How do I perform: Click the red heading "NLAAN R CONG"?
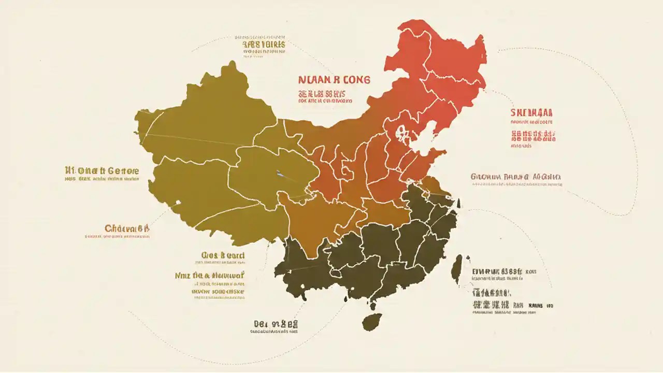[x=334, y=80]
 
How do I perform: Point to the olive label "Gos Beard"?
[x=223, y=255]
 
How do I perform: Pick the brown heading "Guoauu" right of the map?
[x=516, y=177]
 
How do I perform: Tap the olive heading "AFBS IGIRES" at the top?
[x=264, y=45]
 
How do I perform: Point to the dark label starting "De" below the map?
[x=275, y=324]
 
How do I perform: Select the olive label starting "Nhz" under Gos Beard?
[x=209, y=276]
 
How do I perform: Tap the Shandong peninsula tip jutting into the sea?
[x=443, y=152]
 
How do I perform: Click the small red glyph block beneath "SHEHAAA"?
[x=533, y=136]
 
